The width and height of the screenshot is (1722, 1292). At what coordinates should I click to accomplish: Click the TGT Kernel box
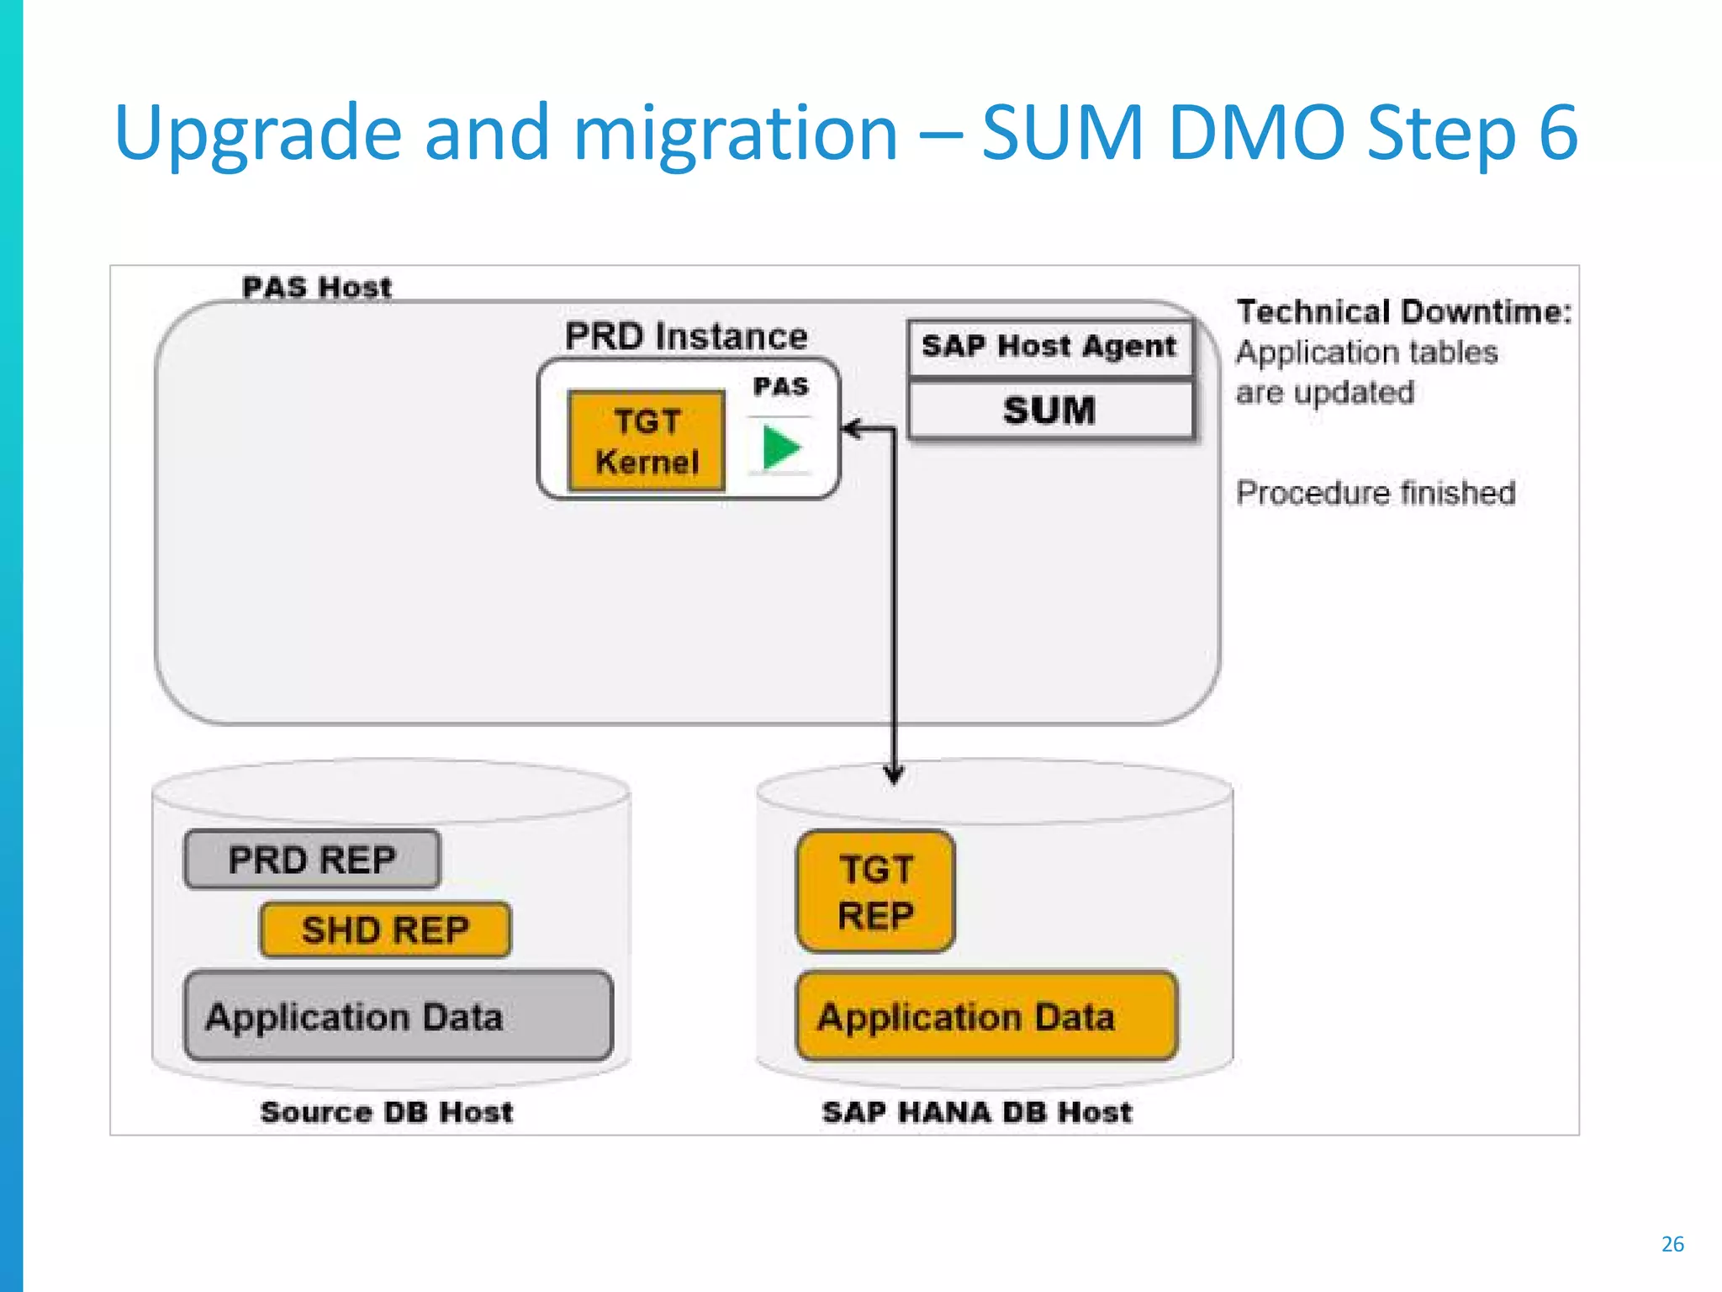coord(646,441)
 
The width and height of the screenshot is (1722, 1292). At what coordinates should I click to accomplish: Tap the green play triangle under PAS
coord(780,447)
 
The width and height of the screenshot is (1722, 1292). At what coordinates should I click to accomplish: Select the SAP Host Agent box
coord(1049,347)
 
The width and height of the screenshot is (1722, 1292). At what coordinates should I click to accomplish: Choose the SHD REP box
coord(385,930)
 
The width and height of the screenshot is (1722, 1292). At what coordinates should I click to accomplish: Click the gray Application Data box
coord(398,1016)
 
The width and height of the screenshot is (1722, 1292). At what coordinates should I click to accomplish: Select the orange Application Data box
coord(986,1016)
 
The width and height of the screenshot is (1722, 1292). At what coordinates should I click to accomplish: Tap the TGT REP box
coord(875,892)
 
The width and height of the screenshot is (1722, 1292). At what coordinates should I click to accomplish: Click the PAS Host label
coord(317,288)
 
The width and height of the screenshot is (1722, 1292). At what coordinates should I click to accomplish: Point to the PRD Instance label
coord(685,336)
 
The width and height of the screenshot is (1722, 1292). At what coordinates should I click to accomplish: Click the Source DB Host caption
coord(387,1112)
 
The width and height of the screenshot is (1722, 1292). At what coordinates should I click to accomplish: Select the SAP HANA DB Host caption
coord(977,1112)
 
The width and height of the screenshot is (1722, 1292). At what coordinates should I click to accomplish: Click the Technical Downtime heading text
coord(1403,312)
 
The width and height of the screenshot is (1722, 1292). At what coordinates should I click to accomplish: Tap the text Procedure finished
coord(1376,493)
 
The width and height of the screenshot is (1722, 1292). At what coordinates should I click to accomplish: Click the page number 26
coord(1672,1244)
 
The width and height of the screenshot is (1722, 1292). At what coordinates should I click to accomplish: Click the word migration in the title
coord(736,133)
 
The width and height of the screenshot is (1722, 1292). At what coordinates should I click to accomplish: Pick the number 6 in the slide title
coord(1558,133)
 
